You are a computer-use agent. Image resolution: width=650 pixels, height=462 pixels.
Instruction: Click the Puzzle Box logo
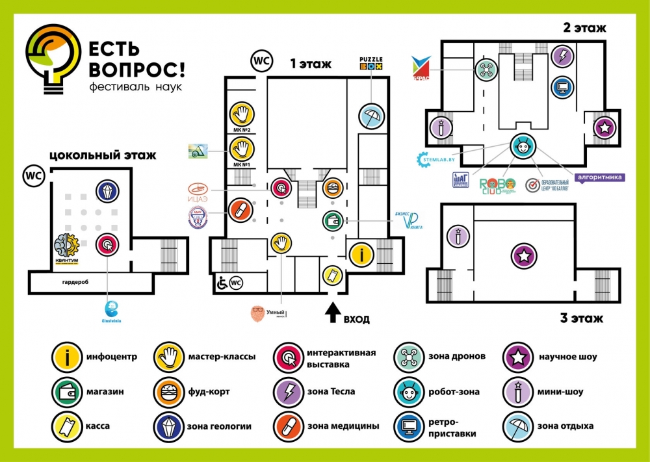(x=371, y=63)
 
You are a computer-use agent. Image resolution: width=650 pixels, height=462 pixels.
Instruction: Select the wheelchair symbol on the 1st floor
(x=221, y=283)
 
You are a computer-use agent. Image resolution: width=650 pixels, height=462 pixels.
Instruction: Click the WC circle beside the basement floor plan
(x=32, y=175)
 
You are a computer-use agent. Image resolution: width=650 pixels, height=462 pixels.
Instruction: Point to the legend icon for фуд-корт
(x=167, y=392)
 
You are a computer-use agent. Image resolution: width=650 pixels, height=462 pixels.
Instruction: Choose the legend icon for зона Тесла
(x=287, y=392)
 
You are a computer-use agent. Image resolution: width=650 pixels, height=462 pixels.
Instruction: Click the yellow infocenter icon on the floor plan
(x=361, y=253)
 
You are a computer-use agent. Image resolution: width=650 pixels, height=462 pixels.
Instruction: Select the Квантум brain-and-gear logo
(x=67, y=251)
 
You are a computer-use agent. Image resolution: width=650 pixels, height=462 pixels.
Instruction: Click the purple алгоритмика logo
(x=600, y=177)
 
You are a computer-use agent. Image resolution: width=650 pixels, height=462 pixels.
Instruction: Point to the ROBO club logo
(x=498, y=186)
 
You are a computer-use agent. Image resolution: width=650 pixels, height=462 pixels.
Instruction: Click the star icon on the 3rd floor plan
(x=523, y=255)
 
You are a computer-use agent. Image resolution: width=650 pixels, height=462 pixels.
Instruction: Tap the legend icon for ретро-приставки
(x=408, y=427)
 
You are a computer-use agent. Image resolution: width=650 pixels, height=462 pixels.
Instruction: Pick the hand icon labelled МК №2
(x=241, y=114)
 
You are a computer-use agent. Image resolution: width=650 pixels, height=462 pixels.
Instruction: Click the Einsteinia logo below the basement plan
(x=113, y=311)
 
